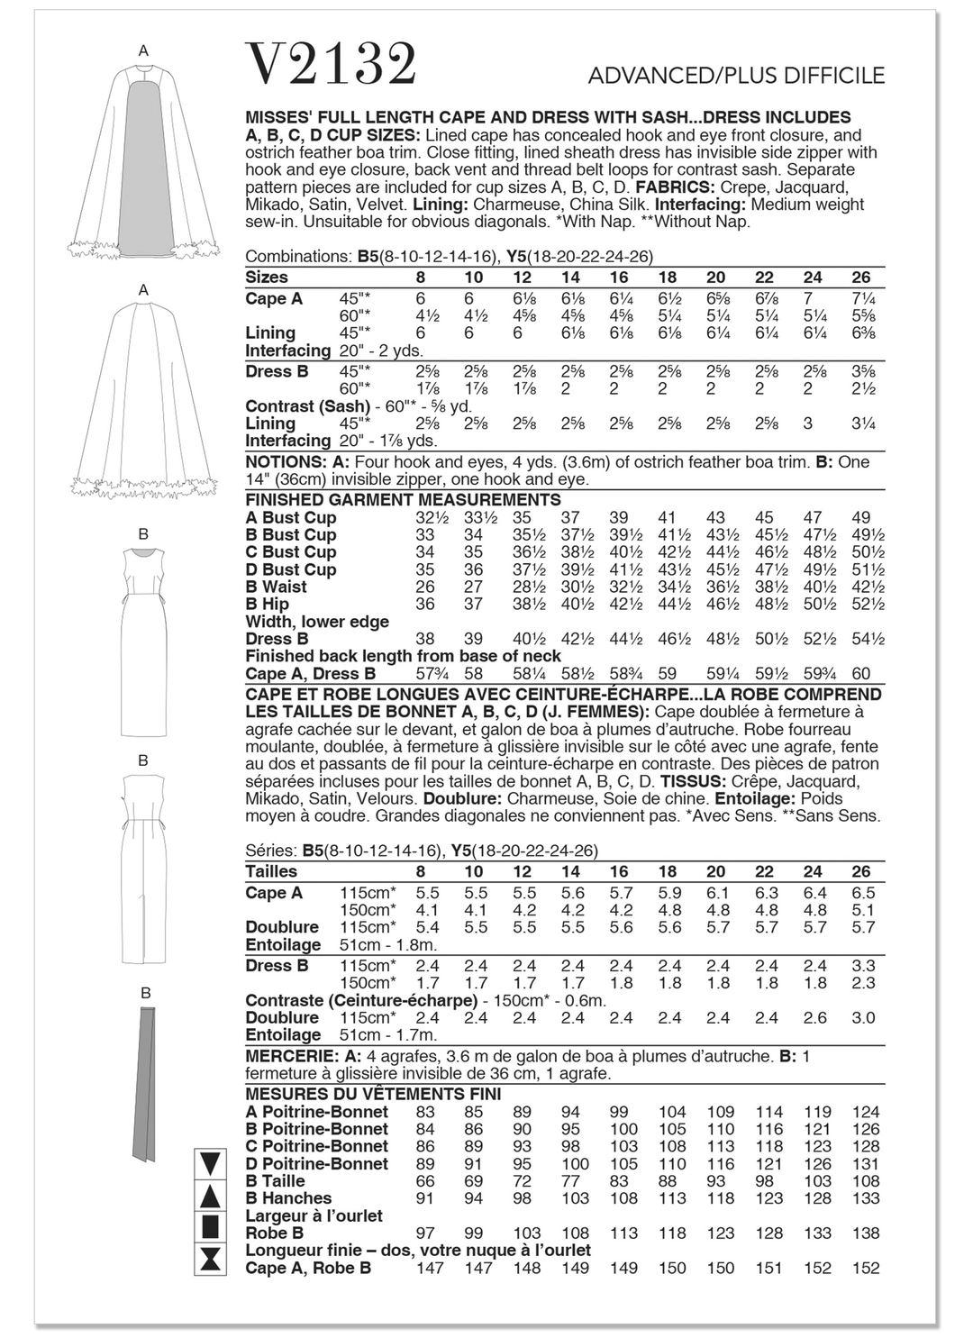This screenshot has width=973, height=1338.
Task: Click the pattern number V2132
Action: [x=331, y=65]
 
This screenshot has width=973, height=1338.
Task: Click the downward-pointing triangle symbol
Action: [x=211, y=1163]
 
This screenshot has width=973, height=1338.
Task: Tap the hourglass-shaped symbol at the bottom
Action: [x=211, y=1259]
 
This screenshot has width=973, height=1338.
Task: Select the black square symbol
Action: [x=211, y=1226]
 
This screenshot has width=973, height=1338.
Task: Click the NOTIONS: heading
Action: [x=278, y=462]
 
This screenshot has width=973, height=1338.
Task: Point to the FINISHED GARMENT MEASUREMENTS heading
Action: [x=403, y=500]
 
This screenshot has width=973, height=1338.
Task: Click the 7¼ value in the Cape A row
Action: [x=860, y=298]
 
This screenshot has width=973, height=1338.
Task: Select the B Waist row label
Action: [x=276, y=587]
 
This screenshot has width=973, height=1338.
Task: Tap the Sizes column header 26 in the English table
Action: [x=860, y=278]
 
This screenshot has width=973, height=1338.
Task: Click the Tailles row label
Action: [x=270, y=871]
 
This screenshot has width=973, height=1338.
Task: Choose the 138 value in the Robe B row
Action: [x=862, y=1233]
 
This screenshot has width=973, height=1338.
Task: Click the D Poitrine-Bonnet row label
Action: [x=316, y=1163]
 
